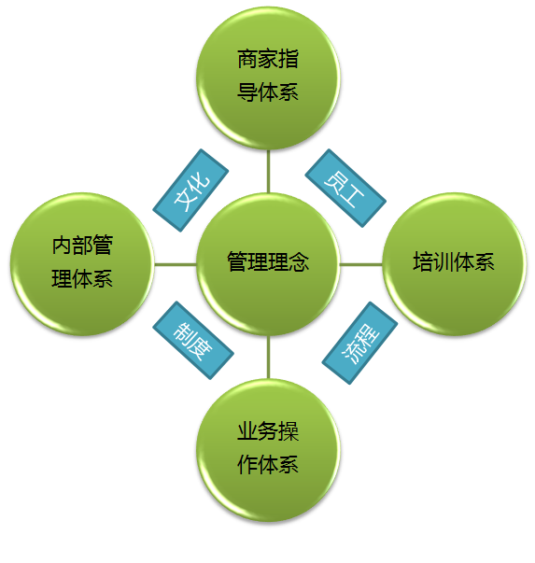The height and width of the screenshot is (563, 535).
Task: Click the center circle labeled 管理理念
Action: tap(268, 264)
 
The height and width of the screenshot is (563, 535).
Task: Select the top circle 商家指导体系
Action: tap(268, 77)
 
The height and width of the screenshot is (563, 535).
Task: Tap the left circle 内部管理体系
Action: tap(82, 264)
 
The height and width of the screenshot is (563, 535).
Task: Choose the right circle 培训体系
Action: tap(454, 264)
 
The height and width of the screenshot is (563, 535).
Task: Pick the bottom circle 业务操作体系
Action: tap(268, 451)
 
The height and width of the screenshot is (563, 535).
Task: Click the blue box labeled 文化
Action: tap(190, 190)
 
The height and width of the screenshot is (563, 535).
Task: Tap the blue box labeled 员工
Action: tap(345, 188)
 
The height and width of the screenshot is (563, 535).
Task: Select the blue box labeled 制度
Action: tap(193, 340)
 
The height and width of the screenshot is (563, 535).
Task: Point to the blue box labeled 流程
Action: tap(359, 343)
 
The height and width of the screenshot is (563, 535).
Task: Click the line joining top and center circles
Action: tap(268, 171)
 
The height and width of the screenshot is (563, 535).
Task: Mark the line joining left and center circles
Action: tap(176, 264)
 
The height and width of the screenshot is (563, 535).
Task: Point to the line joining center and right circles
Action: tap(361, 264)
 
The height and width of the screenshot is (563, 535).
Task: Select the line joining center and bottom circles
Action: tap(268, 358)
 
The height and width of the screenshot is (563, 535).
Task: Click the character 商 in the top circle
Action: tap(247, 59)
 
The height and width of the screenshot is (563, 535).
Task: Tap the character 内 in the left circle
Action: tap(62, 245)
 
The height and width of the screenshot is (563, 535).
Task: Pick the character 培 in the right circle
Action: tap(423, 261)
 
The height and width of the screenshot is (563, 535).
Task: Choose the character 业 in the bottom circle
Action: tap(247, 430)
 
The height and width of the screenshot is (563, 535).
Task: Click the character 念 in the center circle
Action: tap(299, 261)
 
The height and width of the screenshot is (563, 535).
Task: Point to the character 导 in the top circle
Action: tap(247, 91)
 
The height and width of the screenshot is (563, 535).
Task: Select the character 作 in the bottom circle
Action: tap(247, 464)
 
